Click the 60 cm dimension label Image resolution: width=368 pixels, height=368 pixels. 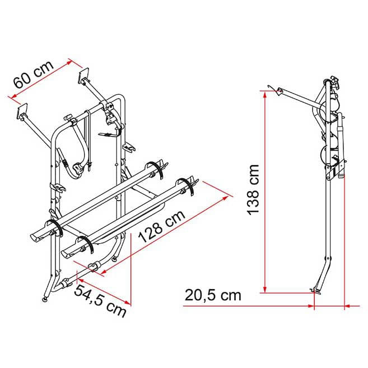tap(33, 74)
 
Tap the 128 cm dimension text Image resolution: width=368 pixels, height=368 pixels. tap(162, 226)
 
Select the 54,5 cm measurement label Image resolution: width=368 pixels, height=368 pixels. tap(100, 301)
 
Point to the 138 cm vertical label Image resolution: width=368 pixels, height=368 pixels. tap(253, 190)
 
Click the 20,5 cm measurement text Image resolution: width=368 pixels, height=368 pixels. tap(213, 295)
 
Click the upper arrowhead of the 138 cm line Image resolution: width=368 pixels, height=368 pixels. tap(265, 94)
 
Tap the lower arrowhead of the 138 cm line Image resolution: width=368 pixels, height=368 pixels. tap(265, 290)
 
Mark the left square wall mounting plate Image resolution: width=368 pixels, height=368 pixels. tap(22, 111)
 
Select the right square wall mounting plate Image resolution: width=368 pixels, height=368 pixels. tap(83, 76)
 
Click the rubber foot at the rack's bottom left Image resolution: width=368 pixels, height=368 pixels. tap(44, 299)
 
